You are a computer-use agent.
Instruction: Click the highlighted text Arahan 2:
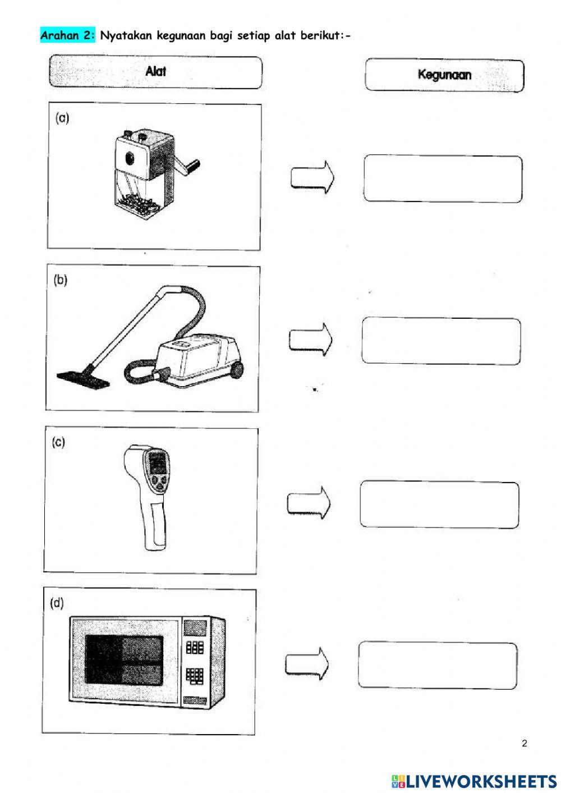pos(68,35)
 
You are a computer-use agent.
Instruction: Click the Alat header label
pos(155,71)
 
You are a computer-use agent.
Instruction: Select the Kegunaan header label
pos(444,75)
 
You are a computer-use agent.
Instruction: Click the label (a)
pos(62,118)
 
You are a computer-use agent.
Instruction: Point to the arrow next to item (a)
pos(312,178)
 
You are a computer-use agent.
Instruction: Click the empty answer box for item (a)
pos(443,179)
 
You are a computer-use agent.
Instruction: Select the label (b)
pos(61,280)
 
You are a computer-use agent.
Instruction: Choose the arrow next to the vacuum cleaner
pos(310,339)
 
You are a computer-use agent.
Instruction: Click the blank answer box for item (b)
pos(441,341)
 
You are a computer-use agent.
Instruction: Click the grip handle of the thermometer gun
pos(153,528)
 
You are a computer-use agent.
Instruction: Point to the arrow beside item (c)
pos(309,503)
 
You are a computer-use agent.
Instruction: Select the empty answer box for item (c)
pos(439,505)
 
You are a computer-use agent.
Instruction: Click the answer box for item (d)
pos(438,666)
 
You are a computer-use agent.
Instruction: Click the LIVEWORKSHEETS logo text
pos(480,781)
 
